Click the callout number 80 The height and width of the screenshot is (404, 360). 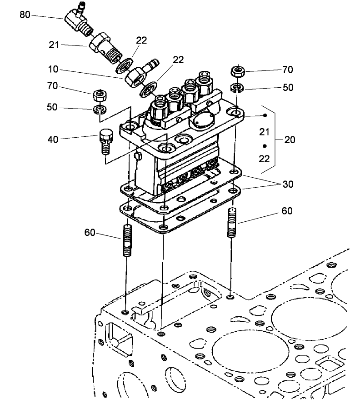click(x=25, y=15)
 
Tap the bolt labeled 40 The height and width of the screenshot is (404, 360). click(x=105, y=140)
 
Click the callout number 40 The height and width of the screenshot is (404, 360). click(x=53, y=140)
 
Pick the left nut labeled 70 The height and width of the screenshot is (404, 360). click(x=100, y=96)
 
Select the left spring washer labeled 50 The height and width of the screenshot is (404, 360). click(x=100, y=110)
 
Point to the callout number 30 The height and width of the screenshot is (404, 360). click(x=288, y=184)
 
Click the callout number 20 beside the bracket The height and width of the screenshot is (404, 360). click(x=290, y=140)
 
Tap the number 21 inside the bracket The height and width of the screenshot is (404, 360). click(x=265, y=132)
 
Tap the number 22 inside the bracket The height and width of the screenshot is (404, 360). click(x=265, y=159)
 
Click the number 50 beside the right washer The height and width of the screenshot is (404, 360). click(x=288, y=88)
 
